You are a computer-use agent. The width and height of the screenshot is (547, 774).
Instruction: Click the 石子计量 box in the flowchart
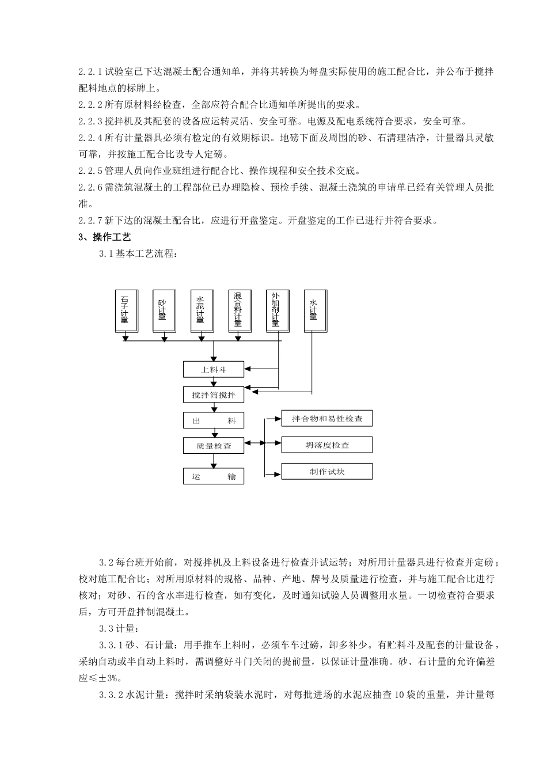[127, 311]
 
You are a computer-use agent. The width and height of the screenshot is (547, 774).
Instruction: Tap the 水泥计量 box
[202, 311]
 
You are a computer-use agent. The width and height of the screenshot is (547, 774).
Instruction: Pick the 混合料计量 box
[240, 311]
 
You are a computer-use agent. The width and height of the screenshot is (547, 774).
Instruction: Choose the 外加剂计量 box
[277, 311]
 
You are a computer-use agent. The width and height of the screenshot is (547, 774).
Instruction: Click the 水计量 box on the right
[314, 311]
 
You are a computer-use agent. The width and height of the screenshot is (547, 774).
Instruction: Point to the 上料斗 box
[214, 369]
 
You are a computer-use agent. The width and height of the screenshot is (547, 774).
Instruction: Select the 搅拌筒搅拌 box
[214, 395]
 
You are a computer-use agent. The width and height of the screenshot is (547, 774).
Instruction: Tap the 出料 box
[214, 421]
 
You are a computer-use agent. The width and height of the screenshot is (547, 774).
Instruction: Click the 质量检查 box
[214, 445]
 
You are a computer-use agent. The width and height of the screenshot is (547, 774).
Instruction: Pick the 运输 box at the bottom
[214, 476]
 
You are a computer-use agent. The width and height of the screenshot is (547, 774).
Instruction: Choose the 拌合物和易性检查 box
[327, 419]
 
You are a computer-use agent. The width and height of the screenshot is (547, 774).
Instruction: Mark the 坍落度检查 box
[327, 445]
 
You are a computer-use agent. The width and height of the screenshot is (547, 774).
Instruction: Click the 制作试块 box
[327, 472]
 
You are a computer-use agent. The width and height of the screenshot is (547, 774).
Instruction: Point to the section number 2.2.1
[90, 72]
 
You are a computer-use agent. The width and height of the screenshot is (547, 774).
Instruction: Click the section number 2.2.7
[90, 221]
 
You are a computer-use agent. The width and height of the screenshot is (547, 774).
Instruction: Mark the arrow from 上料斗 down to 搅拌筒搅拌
[214, 382]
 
